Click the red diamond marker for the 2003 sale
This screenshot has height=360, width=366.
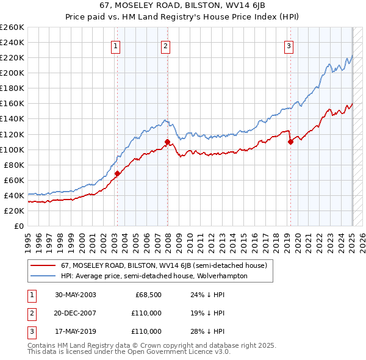click(117, 173)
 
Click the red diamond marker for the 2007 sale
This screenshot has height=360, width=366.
click(167, 142)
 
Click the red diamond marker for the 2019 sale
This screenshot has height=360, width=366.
click(290, 142)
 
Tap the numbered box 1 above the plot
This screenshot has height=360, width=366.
click(115, 45)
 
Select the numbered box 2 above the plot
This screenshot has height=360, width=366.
click(165, 45)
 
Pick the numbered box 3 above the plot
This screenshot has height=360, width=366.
click(289, 45)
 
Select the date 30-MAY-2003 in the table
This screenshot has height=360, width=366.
click(76, 295)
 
